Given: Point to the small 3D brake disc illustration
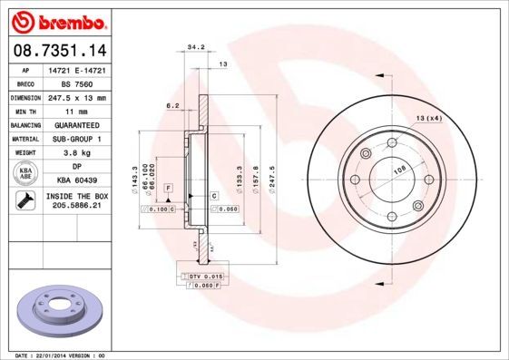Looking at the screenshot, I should point(62,311).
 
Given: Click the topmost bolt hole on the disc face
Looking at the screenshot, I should point(392,144).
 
